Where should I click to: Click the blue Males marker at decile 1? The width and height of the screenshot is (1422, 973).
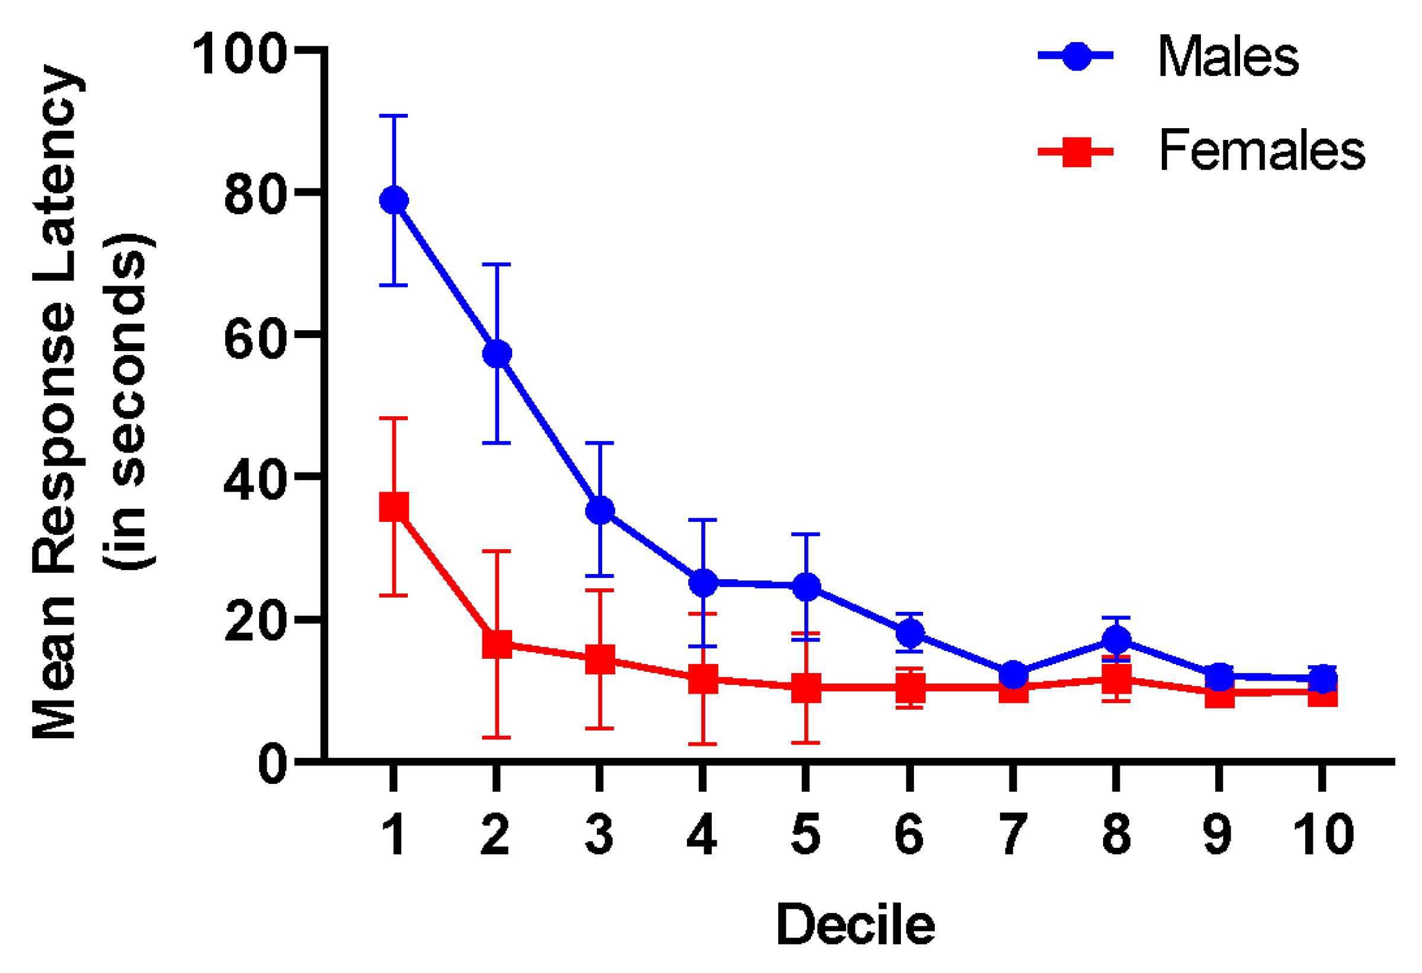tap(394, 200)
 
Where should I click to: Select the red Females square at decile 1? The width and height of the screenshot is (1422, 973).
tap(394, 506)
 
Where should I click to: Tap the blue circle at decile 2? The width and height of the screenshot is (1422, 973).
tap(497, 354)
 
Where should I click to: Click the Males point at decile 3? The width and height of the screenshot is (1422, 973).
tap(600, 510)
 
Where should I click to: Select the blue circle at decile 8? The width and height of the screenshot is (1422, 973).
tap(1116, 640)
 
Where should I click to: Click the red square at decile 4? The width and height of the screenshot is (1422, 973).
tap(703, 679)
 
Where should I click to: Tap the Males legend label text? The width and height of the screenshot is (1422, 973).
tap(1228, 56)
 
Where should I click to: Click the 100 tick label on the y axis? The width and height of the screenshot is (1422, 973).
tap(240, 55)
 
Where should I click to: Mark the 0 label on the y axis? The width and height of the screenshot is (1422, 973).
tap(272, 765)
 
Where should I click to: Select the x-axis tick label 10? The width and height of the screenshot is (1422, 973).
tap(1324, 835)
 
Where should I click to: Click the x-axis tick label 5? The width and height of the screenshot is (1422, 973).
tap(806, 835)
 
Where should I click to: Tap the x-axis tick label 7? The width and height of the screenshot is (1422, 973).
tap(1012, 835)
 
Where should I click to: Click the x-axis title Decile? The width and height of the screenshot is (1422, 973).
tap(855, 924)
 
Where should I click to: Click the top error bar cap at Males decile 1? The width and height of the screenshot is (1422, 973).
tap(394, 116)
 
